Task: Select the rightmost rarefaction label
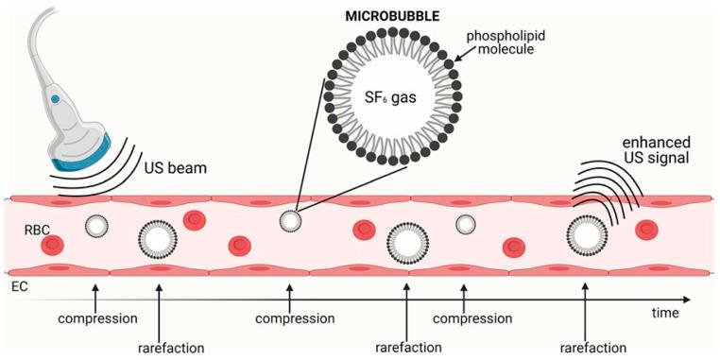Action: tap(587, 347)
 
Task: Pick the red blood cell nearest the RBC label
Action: tap(52, 246)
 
